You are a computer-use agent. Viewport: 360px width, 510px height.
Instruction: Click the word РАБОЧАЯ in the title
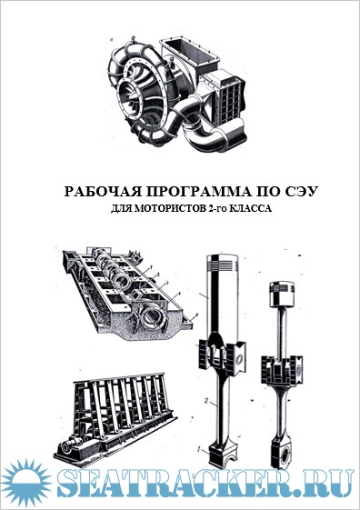(104, 192)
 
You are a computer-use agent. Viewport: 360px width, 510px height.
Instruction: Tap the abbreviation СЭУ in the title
(300, 192)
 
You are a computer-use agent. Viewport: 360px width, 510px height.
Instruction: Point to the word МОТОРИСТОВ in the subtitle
(169, 208)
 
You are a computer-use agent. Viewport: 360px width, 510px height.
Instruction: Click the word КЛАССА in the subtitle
(250, 208)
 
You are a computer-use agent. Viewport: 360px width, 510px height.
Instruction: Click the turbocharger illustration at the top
(177, 94)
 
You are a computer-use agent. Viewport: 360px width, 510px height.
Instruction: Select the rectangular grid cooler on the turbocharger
(229, 97)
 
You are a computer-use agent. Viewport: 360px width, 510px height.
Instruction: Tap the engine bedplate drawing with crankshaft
(128, 295)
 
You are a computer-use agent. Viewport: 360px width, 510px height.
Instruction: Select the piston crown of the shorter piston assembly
(282, 295)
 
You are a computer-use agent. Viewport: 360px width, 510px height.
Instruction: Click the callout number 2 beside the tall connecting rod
(206, 400)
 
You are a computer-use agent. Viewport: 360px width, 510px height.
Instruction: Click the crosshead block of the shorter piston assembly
(282, 371)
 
